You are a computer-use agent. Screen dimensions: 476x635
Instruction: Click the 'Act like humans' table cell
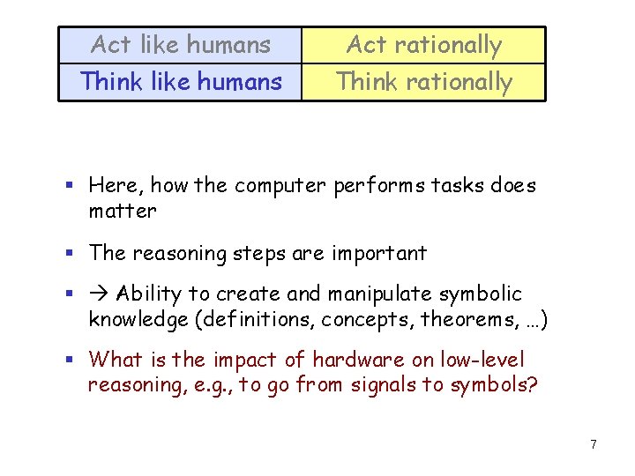181,44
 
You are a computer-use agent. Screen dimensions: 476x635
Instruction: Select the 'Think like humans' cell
181,82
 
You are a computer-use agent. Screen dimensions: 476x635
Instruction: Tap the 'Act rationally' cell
423,44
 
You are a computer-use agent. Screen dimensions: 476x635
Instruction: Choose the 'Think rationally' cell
423,82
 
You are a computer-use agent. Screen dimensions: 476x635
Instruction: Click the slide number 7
594,444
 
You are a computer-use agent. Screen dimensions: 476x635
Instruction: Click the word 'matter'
123,212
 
